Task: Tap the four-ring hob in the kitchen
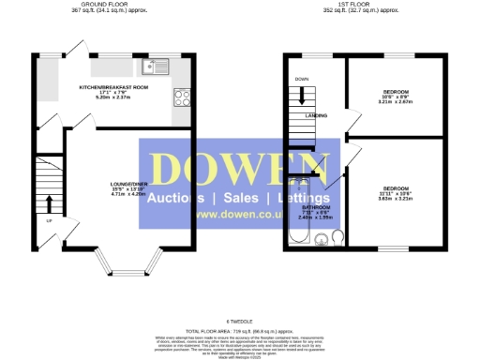[x=182, y=97]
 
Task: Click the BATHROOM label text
[x=315, y=208]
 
